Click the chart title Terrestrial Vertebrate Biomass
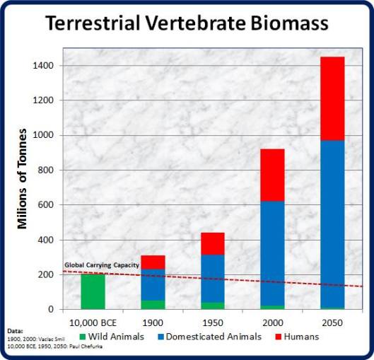point(187,23)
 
